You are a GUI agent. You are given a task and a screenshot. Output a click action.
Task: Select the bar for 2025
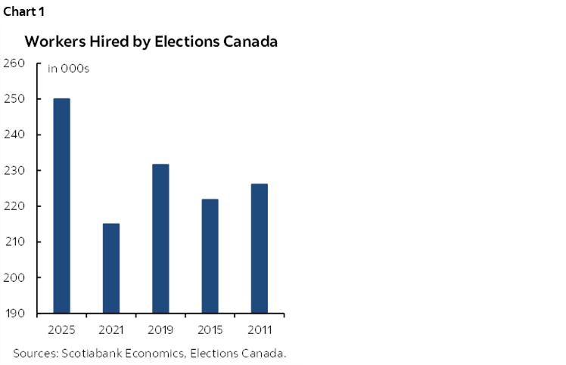[x=61, y=206]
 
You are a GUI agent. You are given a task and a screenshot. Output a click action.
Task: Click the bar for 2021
[x=110, y=268]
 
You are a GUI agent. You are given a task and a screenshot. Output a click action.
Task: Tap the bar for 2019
[x=160, y=238]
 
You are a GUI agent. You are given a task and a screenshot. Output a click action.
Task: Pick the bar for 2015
[x=210, y=256]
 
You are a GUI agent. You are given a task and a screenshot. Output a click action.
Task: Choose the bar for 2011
[x=259, y=249]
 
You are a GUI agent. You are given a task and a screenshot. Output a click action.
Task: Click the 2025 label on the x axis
[x=61, y=329]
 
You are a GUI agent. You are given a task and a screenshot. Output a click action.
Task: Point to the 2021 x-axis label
[x=110, y=329]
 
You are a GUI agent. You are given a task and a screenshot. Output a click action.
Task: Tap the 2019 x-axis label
[x=160, y=329]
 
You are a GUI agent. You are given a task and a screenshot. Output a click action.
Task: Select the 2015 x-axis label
[x=210, y=329]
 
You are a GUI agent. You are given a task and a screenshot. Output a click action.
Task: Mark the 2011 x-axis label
[x=259, y=329]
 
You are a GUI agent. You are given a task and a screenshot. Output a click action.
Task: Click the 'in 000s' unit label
[x=67, y=69]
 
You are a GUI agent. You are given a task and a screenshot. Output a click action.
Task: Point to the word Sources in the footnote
[x=34, y=353]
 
